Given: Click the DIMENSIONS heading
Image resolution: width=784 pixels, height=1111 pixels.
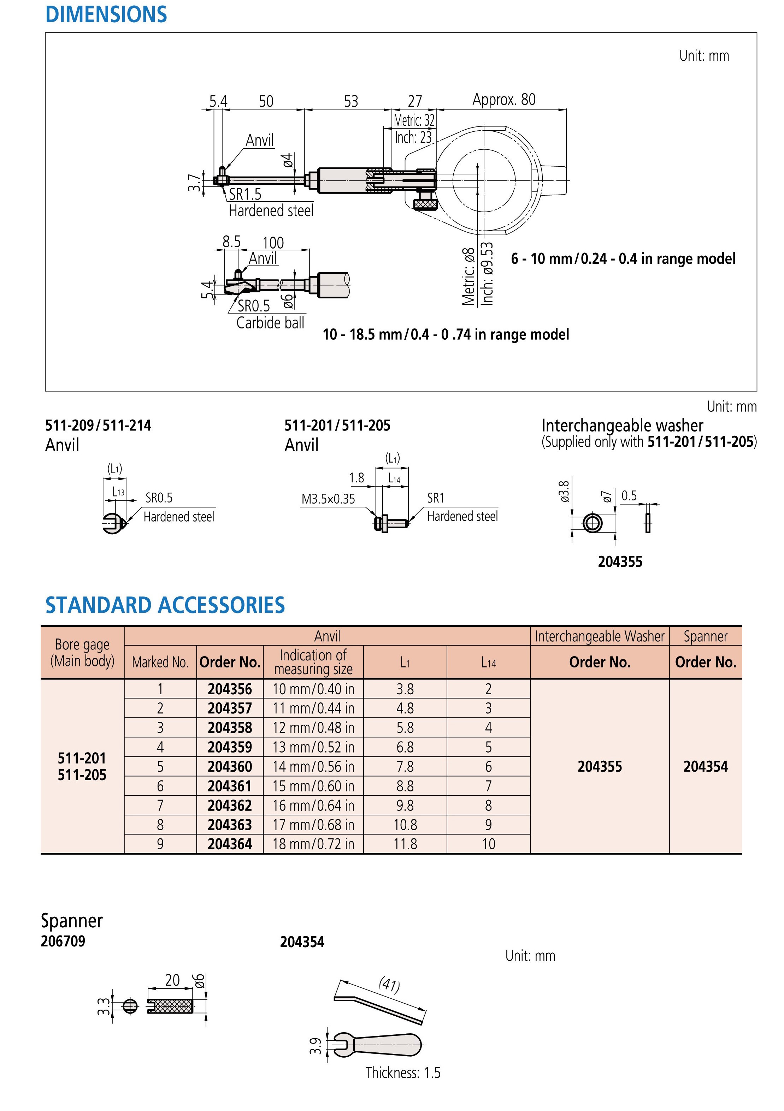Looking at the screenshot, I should point(106,14).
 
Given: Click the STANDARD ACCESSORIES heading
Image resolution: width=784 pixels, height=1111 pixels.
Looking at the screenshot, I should point(165,605).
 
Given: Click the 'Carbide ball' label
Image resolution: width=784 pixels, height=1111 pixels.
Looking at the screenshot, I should point(270,322).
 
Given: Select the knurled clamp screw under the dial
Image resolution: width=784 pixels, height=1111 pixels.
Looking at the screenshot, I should point(426,204).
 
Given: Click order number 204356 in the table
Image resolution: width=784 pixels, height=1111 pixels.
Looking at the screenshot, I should point(230,689).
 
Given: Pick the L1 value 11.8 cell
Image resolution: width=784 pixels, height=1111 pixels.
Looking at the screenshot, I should point(405,844).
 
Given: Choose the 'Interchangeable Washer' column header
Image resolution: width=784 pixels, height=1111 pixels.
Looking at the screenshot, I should point(600,636).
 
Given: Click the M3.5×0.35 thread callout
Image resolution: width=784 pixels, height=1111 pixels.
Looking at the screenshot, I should point(328,499).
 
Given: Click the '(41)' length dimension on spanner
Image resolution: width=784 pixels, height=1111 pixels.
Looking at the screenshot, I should point(389,985).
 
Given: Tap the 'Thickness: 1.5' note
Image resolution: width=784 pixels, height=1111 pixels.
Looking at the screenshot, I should point(403,1073).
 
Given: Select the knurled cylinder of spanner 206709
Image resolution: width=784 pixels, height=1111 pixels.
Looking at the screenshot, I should point(170,1007).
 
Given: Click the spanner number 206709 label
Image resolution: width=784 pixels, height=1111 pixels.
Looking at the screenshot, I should point(63,941).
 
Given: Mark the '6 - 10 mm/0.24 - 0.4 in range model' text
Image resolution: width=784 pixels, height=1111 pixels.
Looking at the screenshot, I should point(623,259).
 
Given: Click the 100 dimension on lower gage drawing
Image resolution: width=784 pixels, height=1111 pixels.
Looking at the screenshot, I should point(273,242).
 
